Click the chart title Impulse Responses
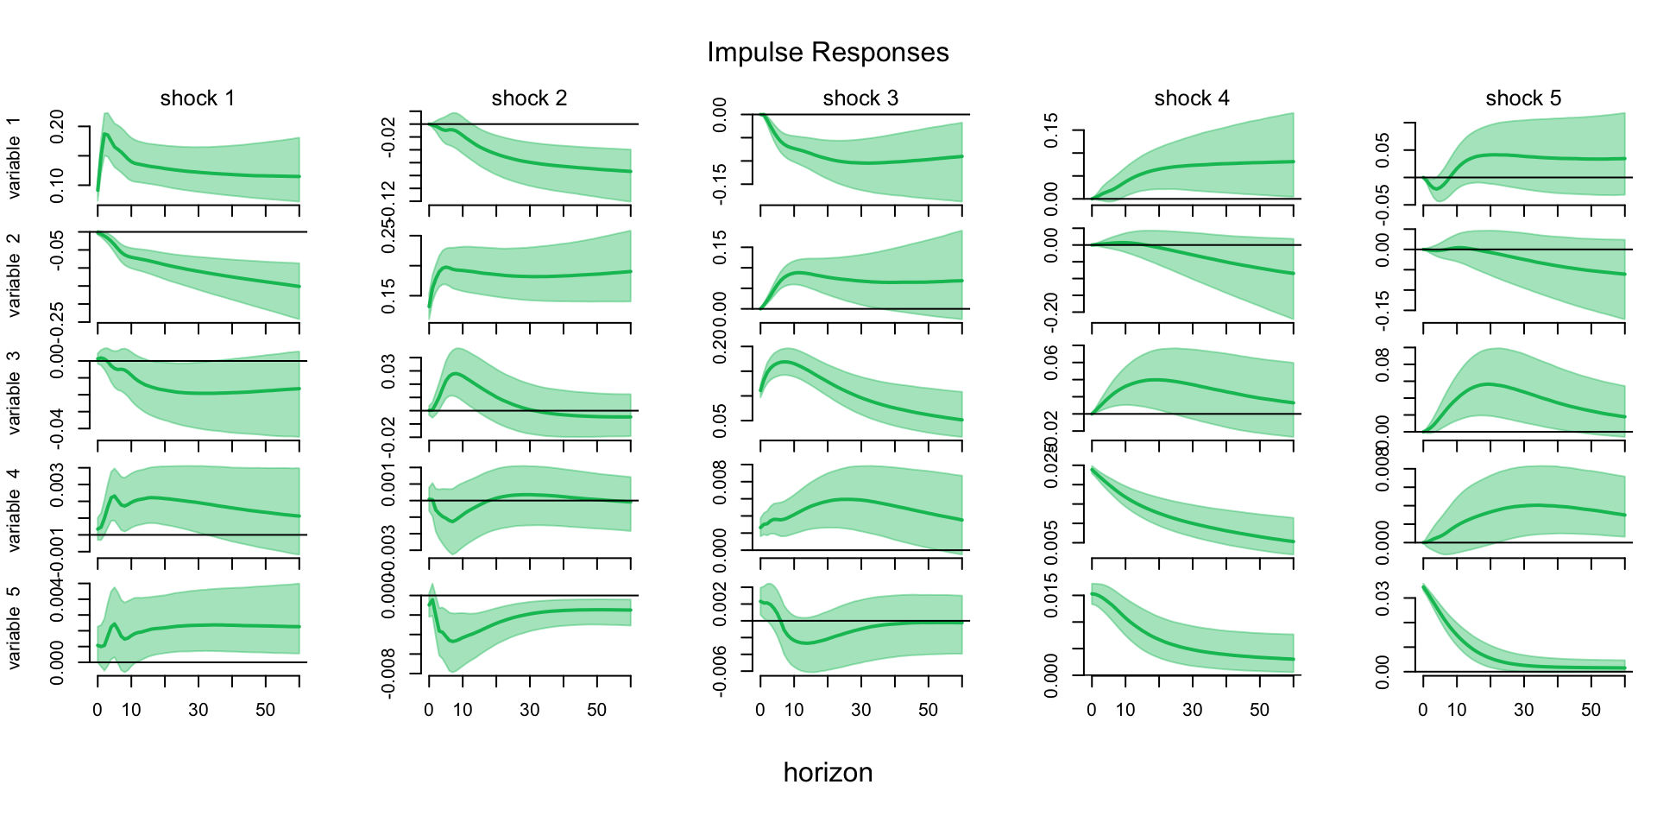pos(828,53)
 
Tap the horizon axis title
pos(828,772)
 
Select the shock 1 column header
pos(198,98)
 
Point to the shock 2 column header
pos(529,98)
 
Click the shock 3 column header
pos(860,98)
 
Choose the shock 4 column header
pos(1192,98)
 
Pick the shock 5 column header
pos(1523,98)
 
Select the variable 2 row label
pos(14,275)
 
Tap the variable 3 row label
pos(14,393)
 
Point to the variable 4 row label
pos(14,510)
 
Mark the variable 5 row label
pos(14,628)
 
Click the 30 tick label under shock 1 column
pos(198,710)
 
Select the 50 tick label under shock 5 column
pos(1591,710)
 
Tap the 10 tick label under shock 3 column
pos(794,710)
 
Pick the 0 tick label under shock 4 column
pos(1092,710)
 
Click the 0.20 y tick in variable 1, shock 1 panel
pos(57,127)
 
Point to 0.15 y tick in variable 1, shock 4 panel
pos(1051,130)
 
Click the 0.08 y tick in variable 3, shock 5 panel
pos(1383,365)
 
